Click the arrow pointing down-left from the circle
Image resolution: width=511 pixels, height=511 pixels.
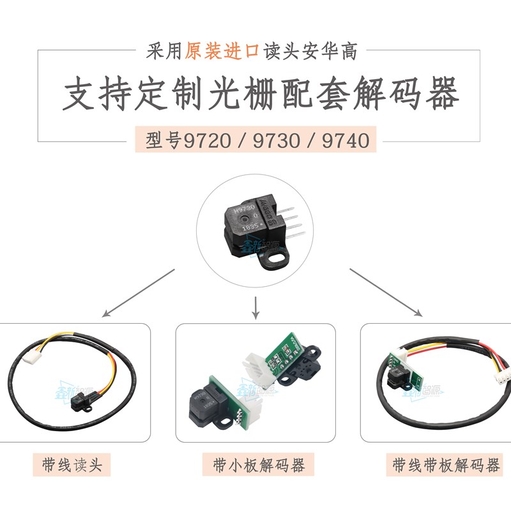[x=138, y=293]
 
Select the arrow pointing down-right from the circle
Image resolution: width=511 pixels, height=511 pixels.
[x=386, y=292]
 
